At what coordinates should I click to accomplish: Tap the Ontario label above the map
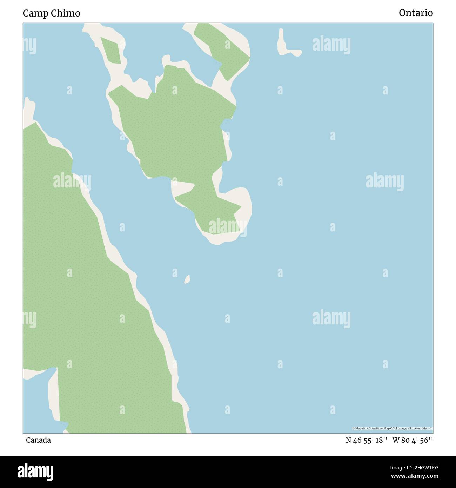[416, 13]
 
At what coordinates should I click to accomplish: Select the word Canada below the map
[38, 440]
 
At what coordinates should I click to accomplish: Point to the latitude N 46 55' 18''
[366, 440]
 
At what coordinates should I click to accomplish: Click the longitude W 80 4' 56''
[413, 440]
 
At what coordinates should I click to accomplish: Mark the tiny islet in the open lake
[187, 279]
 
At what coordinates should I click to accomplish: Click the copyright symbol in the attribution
[353, 428]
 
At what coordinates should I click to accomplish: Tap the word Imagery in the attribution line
[403, 428]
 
